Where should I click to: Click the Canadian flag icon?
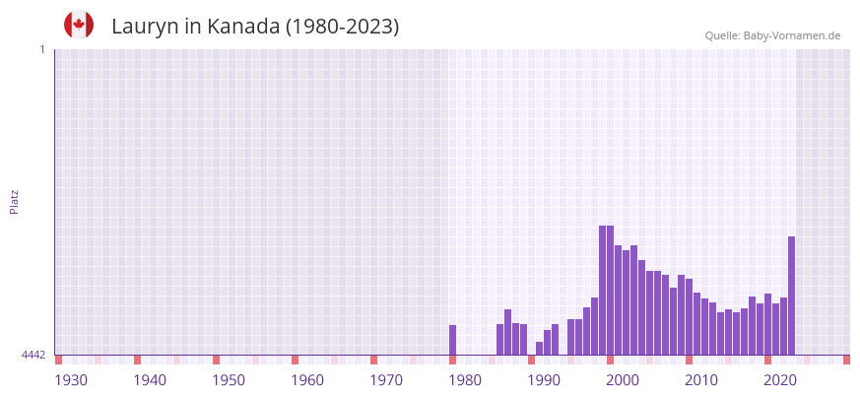(x=79, y=26)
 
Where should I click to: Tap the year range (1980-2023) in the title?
(x=342, y=27)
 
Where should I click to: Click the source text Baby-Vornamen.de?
(x=791, y=35)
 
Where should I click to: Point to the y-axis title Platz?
(x=14, y=201)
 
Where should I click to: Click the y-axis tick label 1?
(x=41, y=49)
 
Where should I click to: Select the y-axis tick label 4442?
(x=33, y=355)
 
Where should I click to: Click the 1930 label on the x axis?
(x=71, y=380)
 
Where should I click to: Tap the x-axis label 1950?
(x=229, y=380)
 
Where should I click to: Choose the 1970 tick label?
(x=386, y=380)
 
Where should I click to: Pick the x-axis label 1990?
(x=544, y=380)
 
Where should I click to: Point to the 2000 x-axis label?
(x=623, y=380)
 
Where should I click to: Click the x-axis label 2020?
(x=780, y=380)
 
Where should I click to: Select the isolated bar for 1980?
(x=453, y=340)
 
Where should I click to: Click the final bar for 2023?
(x=791, y=296)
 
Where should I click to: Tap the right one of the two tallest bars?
(x=611, y=290)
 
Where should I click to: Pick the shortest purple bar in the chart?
(x=540, y=348)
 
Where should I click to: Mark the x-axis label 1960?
(x=307, y=380)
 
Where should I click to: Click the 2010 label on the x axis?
(x=701, y=380)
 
